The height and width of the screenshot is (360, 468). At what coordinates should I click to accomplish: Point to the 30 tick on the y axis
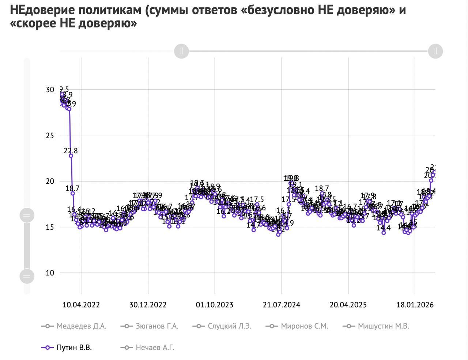(50, 90)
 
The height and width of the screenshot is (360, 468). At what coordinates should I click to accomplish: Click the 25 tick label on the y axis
(50, 135)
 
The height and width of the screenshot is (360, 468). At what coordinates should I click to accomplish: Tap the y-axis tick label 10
(50, 273)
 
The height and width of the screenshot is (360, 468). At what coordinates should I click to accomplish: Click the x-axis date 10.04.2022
(81, 305)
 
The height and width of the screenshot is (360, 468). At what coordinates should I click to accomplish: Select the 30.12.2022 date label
(148, 305)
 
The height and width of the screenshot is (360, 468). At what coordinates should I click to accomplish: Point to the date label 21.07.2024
(282, 305)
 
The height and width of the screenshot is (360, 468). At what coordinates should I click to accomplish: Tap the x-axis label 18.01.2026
(415, 305)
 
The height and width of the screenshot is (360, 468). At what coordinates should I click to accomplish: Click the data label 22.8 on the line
(71, 151)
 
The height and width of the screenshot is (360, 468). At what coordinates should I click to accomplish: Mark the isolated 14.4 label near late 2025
(384, 228)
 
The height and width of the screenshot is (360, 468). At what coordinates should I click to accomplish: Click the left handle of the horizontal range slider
(181, 51)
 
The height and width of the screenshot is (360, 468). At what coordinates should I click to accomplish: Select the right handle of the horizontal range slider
(435, 51)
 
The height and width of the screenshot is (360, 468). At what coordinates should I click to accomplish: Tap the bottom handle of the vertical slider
(27, 276)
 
